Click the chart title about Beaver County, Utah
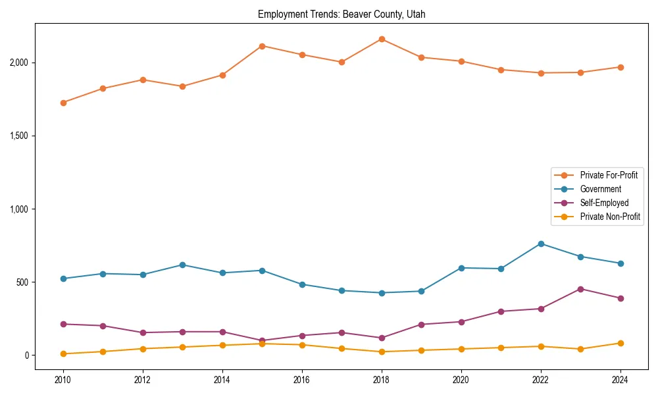[342, 14]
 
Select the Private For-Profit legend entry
[609, 175]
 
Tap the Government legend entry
[600, 189]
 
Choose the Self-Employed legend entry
[604, 203]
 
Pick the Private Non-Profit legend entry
[610, 217]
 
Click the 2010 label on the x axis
[63, 380]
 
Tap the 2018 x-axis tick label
[382, 380]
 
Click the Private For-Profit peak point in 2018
[382, 39]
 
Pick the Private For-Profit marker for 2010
[63, 103]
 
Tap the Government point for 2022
[541, 244]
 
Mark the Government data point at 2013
[182, 265]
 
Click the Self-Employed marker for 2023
[580, 289]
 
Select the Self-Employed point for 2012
[143, 332]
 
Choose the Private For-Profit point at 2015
[262, 46]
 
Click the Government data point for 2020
[461, 268]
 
